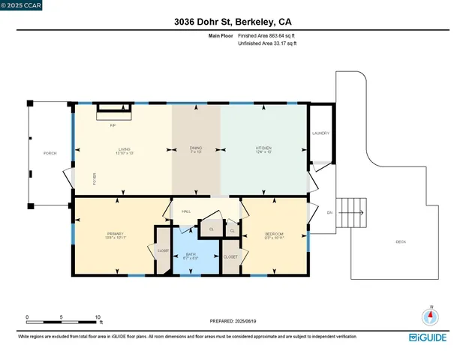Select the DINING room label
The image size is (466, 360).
[196, 148]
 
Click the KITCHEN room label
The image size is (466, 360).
[262, 148]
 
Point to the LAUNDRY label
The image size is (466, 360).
[320, 134]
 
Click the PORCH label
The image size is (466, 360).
[50, 153]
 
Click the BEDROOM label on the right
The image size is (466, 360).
[275, 234]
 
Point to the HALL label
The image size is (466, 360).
[186, 211]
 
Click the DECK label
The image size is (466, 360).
[401, 242]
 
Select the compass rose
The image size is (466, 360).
[431, 316]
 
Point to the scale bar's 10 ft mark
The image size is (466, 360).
[98, 318]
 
